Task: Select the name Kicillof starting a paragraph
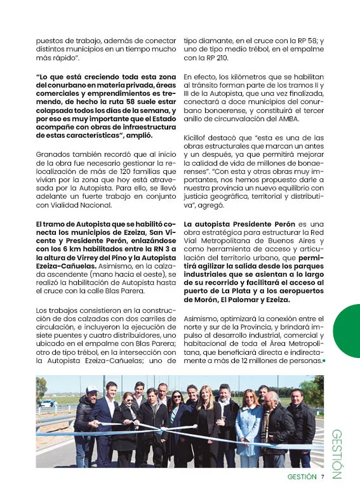[197, 138]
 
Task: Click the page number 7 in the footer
[322, 477]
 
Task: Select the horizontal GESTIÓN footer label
[302, 477]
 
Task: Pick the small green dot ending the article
[324, 361]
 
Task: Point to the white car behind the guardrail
[48, 404]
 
